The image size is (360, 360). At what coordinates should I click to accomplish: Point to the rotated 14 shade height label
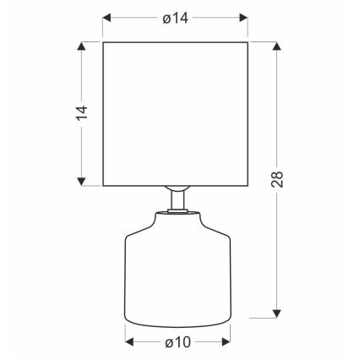pyautogui.click(x=80, y=113)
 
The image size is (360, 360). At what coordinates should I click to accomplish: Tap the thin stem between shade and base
pyautogui.click(x=176, y=201)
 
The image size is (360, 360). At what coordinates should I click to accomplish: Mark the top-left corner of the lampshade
pyautogui.click(x=102, y=41)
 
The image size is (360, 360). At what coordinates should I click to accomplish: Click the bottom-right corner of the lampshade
pyautogui.click(x=248, y=183)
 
